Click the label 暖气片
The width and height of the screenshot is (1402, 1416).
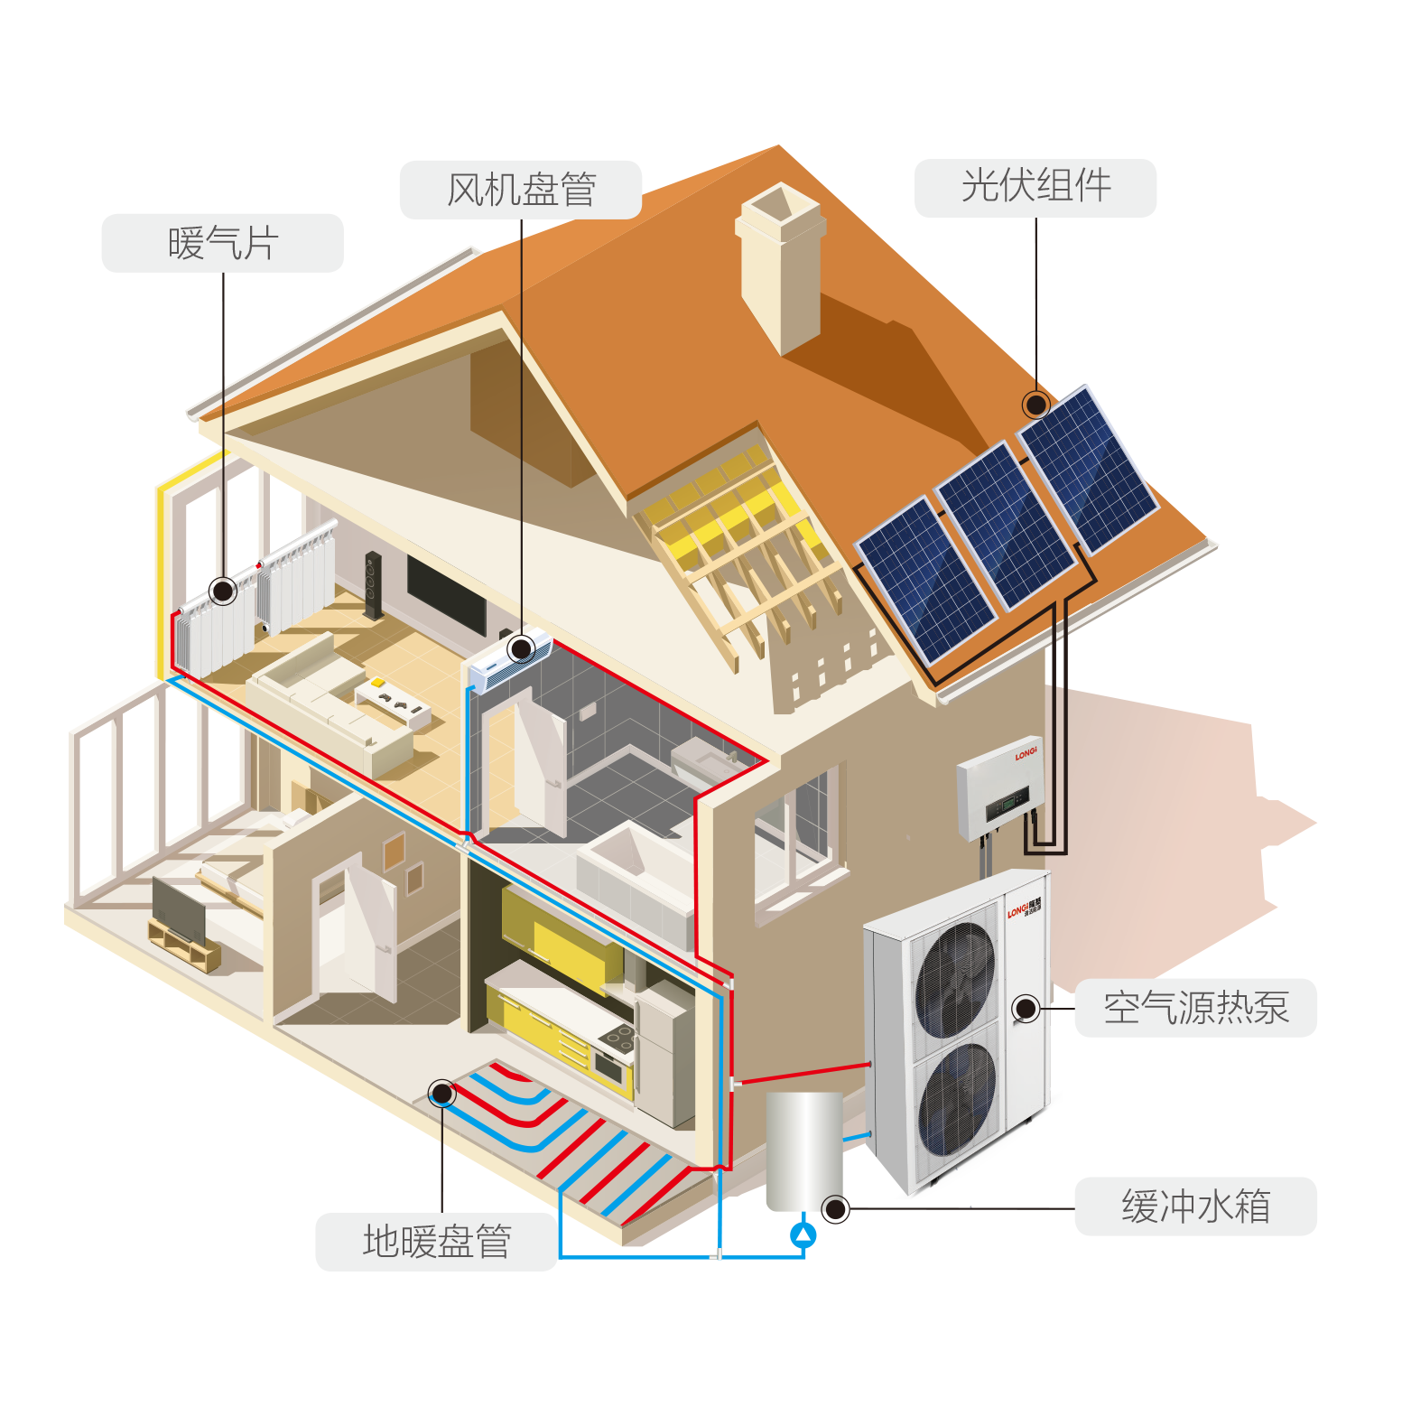click(x=222, y=243)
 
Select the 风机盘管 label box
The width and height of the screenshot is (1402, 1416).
click(x=521, y=190)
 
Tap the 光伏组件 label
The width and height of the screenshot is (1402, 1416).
click(x=1035, y=188)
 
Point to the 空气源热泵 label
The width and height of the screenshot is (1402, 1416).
click(x=1195, y=1008)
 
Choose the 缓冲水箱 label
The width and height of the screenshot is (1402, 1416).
click(x=1195, y=1206)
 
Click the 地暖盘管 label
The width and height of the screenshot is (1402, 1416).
click(x=436, y=1242)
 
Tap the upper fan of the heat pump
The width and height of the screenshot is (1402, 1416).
click(x=956, y=980)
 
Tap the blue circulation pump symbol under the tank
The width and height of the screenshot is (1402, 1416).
click(x=803, y=1234)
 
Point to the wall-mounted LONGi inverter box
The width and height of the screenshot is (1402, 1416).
click(x=1000, y=792)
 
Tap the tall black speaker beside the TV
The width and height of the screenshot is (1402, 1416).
click(x=372, y=585)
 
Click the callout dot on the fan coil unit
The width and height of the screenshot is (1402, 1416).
click(x=521, y=648)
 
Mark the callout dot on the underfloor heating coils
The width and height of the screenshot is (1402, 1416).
click(x=441, y=1094)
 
